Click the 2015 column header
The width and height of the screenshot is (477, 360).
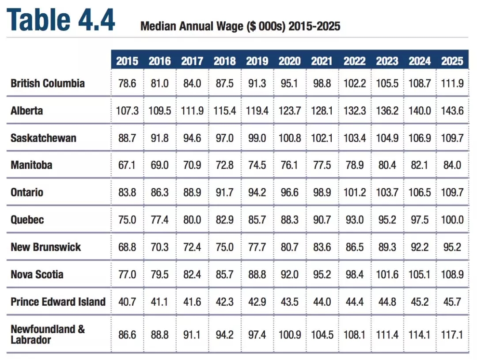tap(127, 61)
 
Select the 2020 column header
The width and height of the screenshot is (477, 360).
tap(289, 61)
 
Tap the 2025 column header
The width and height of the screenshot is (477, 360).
tap(452, 61)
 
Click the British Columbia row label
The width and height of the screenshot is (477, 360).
tap(48, 83)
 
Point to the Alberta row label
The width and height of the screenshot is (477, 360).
tap(27, 110)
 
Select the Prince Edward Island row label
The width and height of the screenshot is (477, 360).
tap(58, 302)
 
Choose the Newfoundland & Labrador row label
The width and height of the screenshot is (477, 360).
tap(48, 334)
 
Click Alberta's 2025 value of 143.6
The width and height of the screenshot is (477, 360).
tap(452, 110)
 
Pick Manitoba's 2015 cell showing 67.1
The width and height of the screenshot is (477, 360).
tap(127, 165)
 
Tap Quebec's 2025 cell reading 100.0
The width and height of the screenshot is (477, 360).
tap(452, 220)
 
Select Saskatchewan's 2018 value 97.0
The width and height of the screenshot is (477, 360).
tap(224, 138)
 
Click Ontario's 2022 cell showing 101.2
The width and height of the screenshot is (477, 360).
tap(355, 193)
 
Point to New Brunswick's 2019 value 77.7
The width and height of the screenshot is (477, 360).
tap(257, 247)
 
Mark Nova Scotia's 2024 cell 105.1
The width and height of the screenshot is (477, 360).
tap(420, 274)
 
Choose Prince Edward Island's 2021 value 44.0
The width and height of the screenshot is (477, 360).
tap(322, 302)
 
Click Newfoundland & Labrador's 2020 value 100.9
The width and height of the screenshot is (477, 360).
tap(289, 334)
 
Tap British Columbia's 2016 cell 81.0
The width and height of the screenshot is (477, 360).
tap(159, 83)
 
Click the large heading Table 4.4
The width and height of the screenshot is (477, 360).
tap(61, 19)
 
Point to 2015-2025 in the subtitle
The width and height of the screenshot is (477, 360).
tap(314, 26)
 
